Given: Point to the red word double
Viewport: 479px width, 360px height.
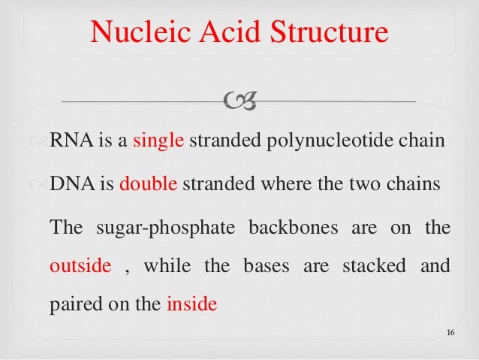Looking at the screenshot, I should coord(149,185).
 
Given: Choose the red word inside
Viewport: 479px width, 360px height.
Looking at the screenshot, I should coord(191,305).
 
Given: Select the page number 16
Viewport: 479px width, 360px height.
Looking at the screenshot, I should coord(450,333).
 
